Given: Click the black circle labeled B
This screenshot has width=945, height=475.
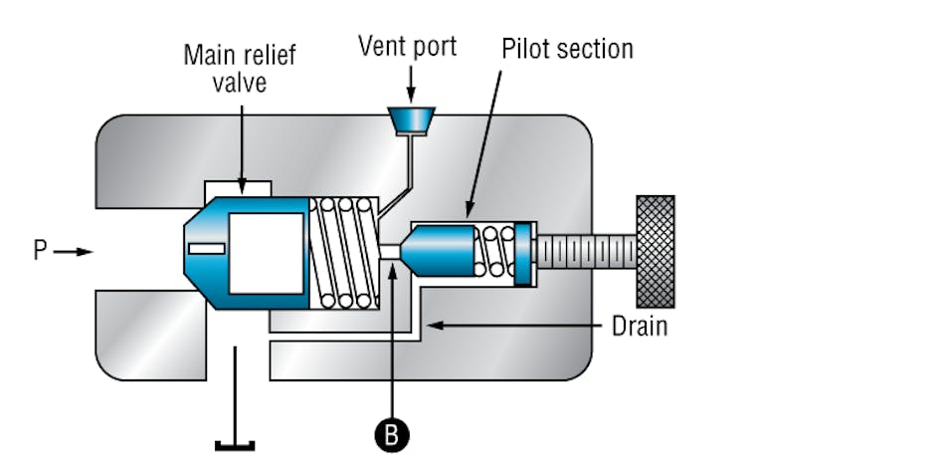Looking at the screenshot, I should tap(393, 435).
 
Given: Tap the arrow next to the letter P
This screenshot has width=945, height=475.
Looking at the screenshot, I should tap(73, 252).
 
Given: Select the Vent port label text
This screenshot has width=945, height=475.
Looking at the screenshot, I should tap(408, 47).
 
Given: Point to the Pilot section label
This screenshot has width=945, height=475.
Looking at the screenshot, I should tap(567, 48).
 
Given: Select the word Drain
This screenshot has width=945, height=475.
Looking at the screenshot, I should tap(639, 326).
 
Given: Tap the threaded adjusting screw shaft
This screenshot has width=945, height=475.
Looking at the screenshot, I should tap(587, 252).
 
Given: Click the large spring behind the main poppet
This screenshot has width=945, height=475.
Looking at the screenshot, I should tap(344, 252).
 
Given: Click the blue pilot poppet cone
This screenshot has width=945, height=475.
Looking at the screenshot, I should tap(438, 252).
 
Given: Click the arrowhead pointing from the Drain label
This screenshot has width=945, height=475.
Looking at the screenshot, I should tap(431, 325).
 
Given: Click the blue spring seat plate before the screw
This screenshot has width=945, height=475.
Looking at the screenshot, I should tap(524, 254).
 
